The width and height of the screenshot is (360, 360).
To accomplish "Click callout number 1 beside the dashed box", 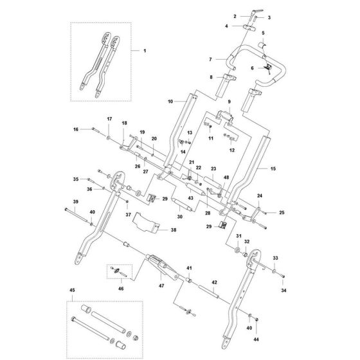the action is pos(145,51).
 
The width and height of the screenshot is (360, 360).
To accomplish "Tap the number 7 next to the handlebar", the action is pos(210,59).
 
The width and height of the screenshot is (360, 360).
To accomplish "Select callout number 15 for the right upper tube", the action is pos(273,168).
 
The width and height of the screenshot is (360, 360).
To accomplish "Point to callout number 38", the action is pos(174,230).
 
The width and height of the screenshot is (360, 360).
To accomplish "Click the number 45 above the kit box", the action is pos(72,290).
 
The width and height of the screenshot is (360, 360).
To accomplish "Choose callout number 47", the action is pos(161,285).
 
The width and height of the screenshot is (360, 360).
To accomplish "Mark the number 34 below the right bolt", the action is pos(283,291).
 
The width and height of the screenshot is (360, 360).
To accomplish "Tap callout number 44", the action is pos(256,339).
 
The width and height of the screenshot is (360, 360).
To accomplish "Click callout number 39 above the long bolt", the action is pos(76,202).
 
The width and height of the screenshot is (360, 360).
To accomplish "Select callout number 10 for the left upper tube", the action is pos(170,102).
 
